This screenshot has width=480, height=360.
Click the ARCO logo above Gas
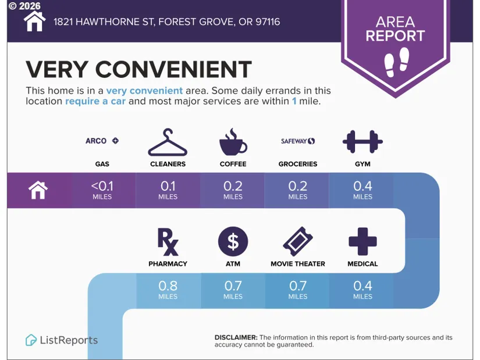click(x=102, y=141)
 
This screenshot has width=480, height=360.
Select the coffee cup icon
click(x=233, y=142)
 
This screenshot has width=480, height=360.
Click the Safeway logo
click(x=298, y=141)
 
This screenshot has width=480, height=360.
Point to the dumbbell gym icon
click(x=362, y=142)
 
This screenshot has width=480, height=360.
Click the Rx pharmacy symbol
click(x=168, y=242)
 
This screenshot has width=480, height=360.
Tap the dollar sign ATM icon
click(x=233, y=241)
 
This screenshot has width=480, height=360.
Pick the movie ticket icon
click(x=298, y=241)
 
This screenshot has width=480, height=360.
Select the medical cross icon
click(x=362, y=241)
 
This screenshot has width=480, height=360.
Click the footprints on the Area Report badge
click(x=397, y=62)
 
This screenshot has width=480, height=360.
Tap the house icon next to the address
click(x=34, y=21)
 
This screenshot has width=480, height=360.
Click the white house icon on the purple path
click(x=38, y=190)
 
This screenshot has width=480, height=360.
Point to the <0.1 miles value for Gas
click(x=102, y=190)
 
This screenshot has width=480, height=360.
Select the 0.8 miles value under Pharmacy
click(x=168, y=290)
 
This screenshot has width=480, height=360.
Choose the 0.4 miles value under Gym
click(x=362, y=190)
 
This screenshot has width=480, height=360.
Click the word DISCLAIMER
click(x=236, y=337)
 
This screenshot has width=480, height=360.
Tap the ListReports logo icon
click(x=31, y=340)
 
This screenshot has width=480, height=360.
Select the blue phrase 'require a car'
click(x=95, y=101)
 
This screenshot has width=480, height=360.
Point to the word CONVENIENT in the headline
click(x=173, y=69)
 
